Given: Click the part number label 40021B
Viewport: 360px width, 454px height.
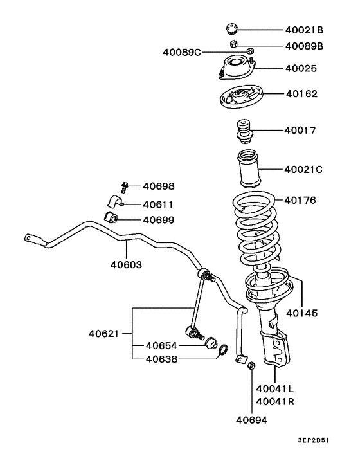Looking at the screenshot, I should (x=304, y=30).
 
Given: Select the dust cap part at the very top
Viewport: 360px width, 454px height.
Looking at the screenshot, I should (x=232, y=28).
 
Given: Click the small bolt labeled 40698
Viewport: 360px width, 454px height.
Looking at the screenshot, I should (x=125, y=186).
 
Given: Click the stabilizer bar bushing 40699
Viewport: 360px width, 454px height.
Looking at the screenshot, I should (x=113, y=218).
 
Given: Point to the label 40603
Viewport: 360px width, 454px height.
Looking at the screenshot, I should (x=126, y=264).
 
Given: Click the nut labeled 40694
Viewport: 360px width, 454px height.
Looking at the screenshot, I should (x=252, y=367).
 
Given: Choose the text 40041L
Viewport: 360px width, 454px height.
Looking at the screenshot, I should (x=275, y=388).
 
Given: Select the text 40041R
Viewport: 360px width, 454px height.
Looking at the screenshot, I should (x=275, y=401).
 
